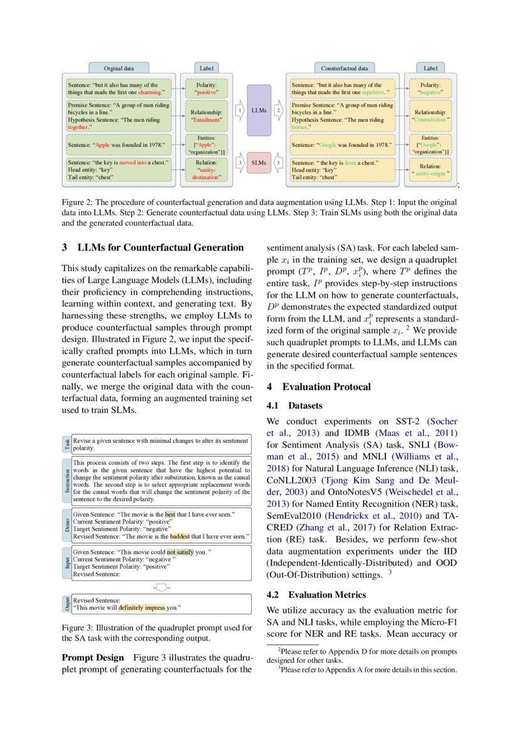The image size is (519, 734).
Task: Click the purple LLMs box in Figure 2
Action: (x=259, y=111)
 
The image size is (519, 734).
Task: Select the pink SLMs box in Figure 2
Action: (x=259, y=163)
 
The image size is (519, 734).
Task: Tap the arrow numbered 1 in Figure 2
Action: (x=239, y=111)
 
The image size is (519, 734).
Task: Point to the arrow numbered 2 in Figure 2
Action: (x=279, y=111)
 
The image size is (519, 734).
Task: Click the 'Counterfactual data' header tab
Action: (x=344, y=67)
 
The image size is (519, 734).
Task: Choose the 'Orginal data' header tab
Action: (x=118, y=67)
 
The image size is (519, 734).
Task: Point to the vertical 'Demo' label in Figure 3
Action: (x=67, y=525)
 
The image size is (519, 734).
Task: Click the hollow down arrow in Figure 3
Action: (x=162, y=587)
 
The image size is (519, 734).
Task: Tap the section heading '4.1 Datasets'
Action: (x=295, y=406)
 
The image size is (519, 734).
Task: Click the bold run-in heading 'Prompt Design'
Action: (x=93, y=657)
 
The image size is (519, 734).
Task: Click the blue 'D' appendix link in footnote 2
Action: (x=364, y=651)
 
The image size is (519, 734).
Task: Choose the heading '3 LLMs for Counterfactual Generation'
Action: (x=152, y=247)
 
